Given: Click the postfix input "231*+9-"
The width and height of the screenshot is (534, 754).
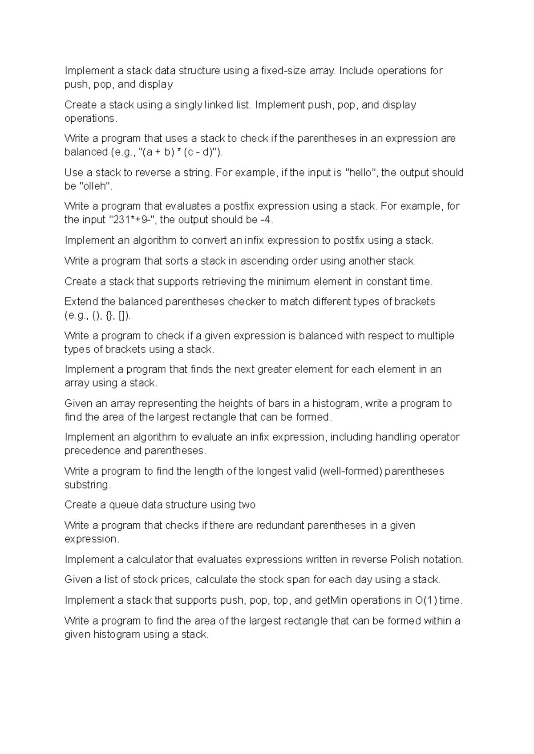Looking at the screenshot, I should [x=135, y=220].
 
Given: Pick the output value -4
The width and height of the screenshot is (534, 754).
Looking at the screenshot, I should [x=265, y=220].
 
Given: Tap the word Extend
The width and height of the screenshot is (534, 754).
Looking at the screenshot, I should [x=81, y=302].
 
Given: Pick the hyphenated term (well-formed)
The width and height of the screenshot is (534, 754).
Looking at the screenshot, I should [x=351, y=471].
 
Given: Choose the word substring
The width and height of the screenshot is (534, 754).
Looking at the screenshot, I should [x=87, y=485].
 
